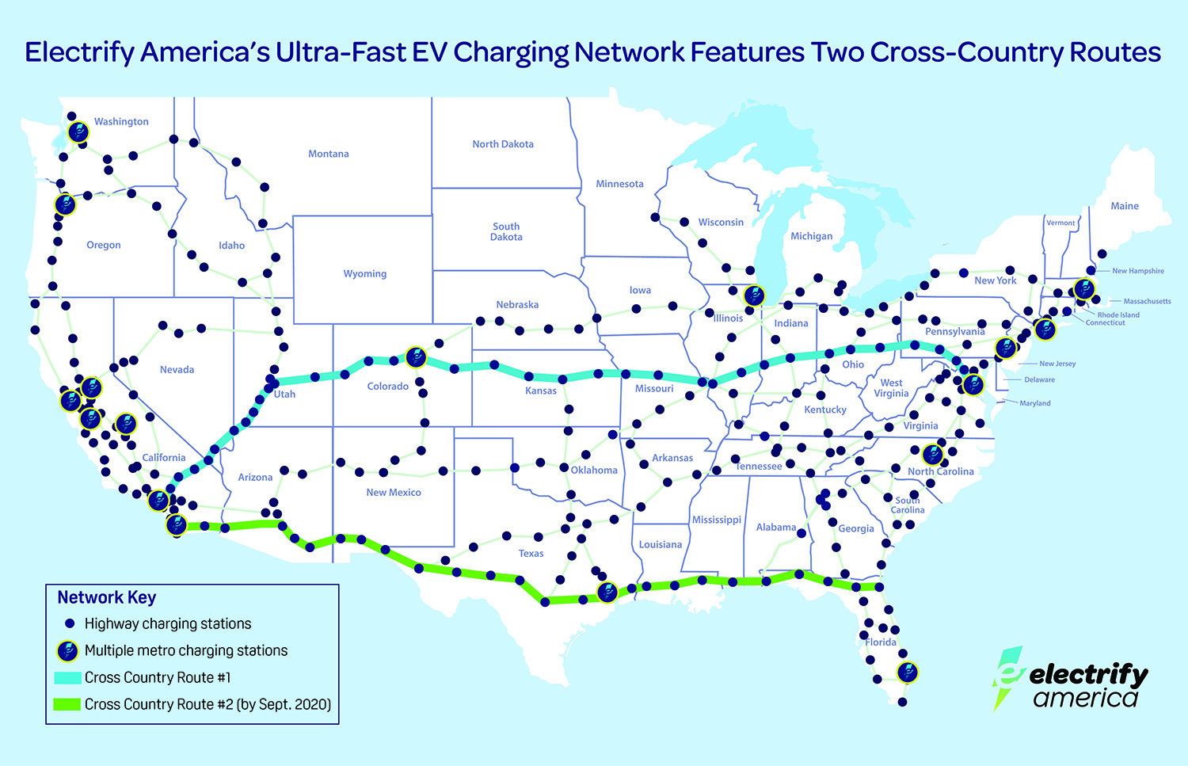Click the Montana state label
point(328,154)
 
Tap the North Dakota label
point(502,144)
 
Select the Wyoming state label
point(364,274)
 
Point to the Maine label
point(1124,206)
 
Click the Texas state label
point(531,554)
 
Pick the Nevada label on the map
point(177,370)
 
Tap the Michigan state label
point(811,236)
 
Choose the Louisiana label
point(660,545)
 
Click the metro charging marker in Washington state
point(78,132)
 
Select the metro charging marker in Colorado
point(416,357)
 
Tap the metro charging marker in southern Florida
point(907,673)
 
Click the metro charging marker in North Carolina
point(933,455)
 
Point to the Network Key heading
point(106,597)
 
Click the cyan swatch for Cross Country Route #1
point(67,678)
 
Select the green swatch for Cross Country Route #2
point(67,704)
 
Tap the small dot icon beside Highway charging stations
point(70,623)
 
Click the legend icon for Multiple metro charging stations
point(68,651)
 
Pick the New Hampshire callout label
point(1137,271)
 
